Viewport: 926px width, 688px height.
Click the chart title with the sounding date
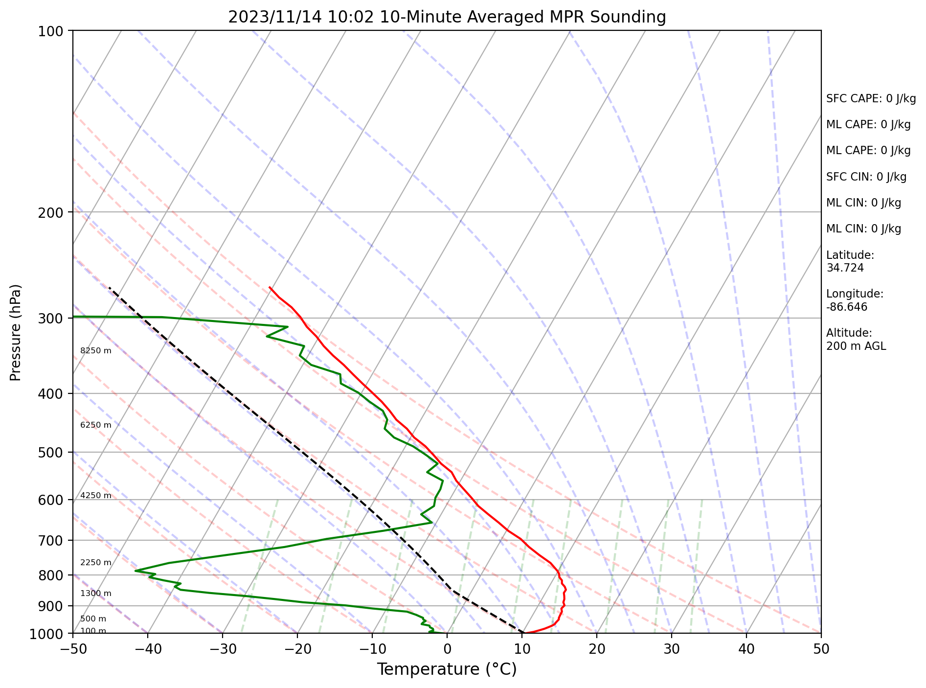click(x=447, y=17)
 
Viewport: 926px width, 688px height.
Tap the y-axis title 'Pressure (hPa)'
click(x=16, y=332)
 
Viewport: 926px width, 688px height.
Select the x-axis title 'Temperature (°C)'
click(x=447, y=669)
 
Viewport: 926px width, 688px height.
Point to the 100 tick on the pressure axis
click(x=50, y=31)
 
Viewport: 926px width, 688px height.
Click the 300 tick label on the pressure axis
click(x=50, y=318)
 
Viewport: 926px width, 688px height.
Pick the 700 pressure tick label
click(x=50, y=540)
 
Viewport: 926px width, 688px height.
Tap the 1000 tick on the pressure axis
click(x=46, y=633)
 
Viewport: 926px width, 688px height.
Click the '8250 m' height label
click(x=96, y=351)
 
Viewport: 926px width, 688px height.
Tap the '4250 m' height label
click(x=96, y=496)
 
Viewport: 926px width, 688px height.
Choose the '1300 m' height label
click(x=96, y=594)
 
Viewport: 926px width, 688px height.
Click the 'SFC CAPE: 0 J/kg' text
click(x=871, y=99)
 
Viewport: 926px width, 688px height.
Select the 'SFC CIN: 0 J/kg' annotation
click(x=866, y=177)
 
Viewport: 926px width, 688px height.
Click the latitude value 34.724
click(x=845, y=268)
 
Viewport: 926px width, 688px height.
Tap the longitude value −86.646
click(x=847, y=307)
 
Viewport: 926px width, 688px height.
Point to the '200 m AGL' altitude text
click(x=856, y=346)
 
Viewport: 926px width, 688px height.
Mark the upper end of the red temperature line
click(x=270, y=287)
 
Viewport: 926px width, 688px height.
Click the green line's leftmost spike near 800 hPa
click(x=136, y=571)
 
